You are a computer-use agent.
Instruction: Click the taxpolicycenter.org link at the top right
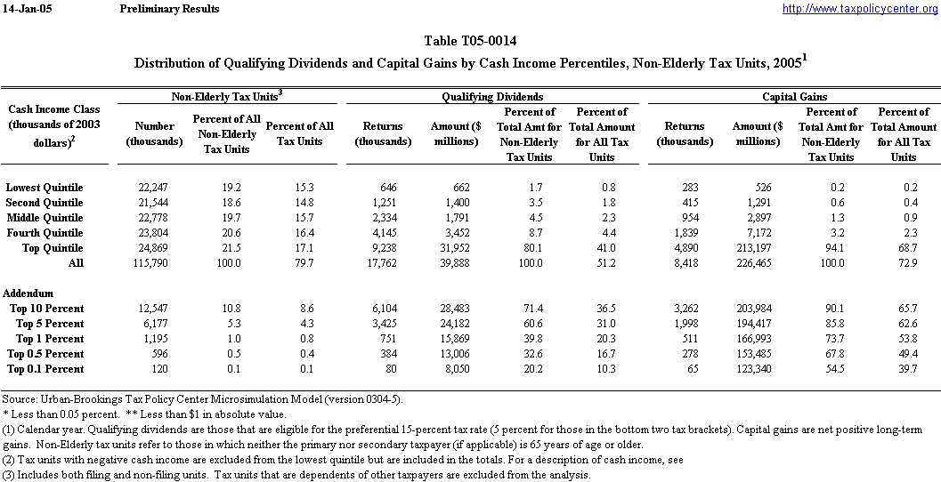859,9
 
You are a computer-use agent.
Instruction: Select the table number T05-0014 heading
470,42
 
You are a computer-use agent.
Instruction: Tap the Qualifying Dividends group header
493,96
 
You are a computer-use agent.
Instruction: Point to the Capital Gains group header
795,96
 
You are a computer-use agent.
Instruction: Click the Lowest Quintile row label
45,188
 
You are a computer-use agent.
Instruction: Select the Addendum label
28,293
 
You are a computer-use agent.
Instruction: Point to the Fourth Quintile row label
45,233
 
